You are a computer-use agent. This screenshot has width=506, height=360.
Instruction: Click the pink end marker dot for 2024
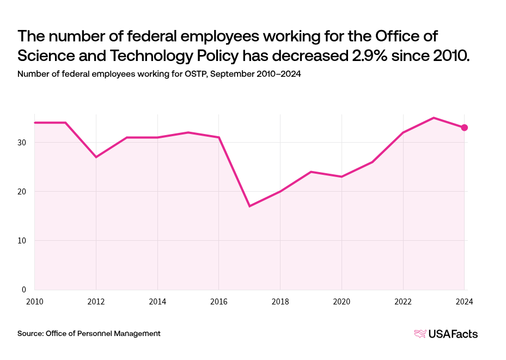(x=464, y=127)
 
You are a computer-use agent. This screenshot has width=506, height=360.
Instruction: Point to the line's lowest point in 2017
(x=249, y=206)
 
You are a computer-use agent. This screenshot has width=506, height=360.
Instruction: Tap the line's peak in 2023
(x=434, y=118)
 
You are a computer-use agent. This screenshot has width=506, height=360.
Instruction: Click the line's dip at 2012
(x=96, y=157)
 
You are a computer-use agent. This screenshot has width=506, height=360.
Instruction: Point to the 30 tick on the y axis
(x=23, y=143)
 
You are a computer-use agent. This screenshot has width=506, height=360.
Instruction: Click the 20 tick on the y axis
(x=23, y=192)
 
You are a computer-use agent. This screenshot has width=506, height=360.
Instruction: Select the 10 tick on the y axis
(x=23, y=241)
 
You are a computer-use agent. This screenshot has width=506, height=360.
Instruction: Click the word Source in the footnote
(x=29, y=333)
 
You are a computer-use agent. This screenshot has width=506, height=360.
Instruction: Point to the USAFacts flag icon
(x=420, y=334)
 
